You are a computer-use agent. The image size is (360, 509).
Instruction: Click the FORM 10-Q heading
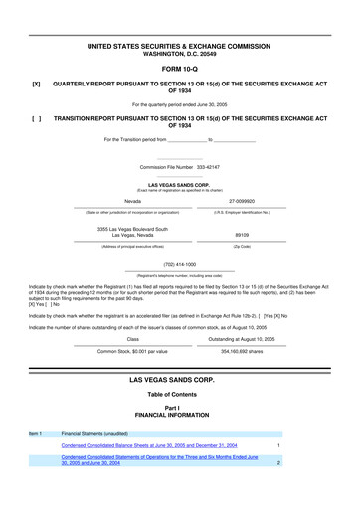[x=179, y=69]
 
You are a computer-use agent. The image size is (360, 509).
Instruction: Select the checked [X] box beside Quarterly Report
[x=36, y=85]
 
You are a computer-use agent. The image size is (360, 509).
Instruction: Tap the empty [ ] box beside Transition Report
[x=36, y=116]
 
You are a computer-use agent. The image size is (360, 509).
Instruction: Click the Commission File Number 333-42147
[x=179, y=167]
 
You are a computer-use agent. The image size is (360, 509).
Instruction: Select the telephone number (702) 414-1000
[x=179, y=264]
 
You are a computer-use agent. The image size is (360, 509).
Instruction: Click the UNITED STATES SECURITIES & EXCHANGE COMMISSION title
[x=179, y=47]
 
